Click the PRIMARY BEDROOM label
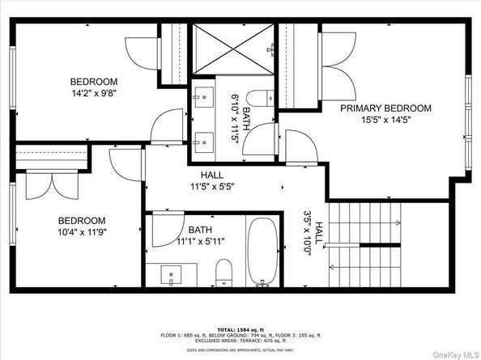coord(385,108)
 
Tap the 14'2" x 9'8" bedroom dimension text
coord(94,94)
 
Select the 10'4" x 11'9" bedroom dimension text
coord(81,233)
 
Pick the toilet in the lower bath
coord(224,273)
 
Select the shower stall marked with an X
coord(233,49)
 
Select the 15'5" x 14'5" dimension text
coord(385,121)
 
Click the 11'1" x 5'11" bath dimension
coord(201,241)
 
